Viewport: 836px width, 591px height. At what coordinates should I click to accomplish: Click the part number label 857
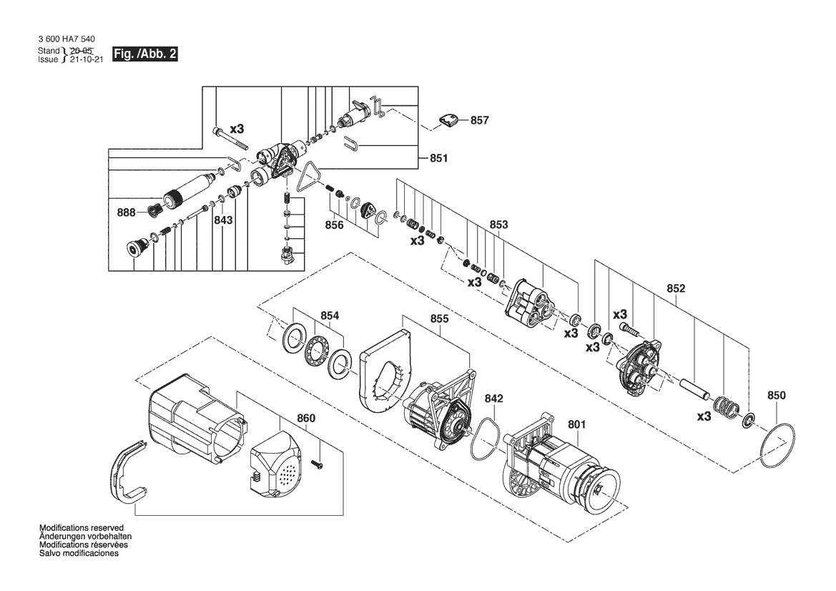[x=479, y=120]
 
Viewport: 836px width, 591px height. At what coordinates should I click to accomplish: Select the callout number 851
[x=439, y=158]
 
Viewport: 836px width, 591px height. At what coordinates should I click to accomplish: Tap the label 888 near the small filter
[x=127, y=213]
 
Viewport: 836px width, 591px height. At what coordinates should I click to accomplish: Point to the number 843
[x=223, y=220]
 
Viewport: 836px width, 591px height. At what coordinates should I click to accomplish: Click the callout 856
[x=334, y=225]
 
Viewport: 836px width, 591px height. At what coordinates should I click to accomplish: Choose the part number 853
[x=499, y=225]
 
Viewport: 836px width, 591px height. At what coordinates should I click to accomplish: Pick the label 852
[x=676, y=288]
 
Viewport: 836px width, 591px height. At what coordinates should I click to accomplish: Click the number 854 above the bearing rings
[x=330, y=316]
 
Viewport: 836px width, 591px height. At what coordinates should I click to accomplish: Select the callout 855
[x=439, y=319]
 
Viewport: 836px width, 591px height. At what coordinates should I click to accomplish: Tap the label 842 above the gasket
[x=493, y=399]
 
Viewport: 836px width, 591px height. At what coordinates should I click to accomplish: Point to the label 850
[x=777, y=396]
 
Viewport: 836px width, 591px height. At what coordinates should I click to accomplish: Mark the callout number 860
[x=306, y=419]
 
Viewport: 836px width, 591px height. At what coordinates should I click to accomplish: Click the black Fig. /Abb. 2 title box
[x=144, y=54]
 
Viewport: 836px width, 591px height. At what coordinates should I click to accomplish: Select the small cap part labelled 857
[x=448, y=120]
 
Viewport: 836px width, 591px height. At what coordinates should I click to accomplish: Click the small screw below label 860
[x=318, y=465]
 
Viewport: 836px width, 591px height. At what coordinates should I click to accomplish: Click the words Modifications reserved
[x=82, y=528]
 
